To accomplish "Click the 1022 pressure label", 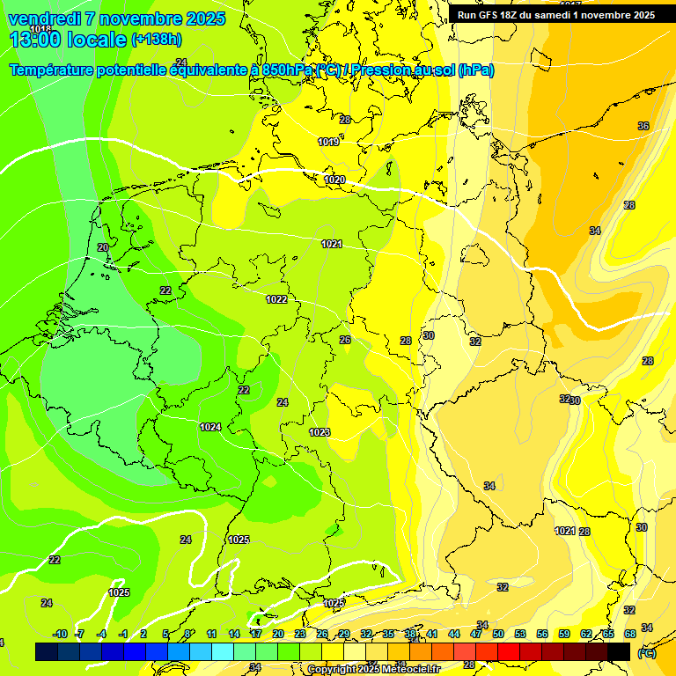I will click(276, 299).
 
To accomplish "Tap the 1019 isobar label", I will click(328, 142).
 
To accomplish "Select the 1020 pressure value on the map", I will click(334, 180).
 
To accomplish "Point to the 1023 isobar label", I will click(320, 432).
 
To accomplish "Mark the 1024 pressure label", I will click(210, 427).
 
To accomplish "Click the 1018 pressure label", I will click(40, 29).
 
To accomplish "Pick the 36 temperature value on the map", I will click(643, 126).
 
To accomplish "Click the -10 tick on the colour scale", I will click(60, 634).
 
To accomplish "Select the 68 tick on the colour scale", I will click(630, 634).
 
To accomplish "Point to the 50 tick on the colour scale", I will click(498, 634).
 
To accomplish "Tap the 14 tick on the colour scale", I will click(234, 634).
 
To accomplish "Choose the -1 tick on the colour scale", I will click(123, 634).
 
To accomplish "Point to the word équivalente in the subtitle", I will click(214, 70).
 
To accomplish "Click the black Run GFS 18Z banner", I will click(556, 14).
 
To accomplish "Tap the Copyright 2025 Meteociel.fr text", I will click(373, 670).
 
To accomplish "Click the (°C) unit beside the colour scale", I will click(646, 653).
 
